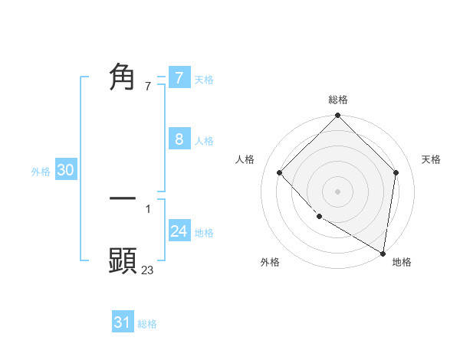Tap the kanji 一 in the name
[123, 198]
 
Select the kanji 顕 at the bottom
[123, 261]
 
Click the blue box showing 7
[179, 77]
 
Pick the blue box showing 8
[179, 139]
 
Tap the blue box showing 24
[179, 231]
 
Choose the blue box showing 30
[65, 171]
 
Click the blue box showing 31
[123, 322]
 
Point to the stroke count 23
[148, 270]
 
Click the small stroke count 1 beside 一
[148, 208]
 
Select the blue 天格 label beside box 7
[204, 79]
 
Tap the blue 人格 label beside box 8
[204, 141]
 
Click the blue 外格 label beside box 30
[41, 172]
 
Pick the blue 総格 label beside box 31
[147, 324]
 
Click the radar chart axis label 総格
[338, 100]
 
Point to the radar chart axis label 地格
[402, 262]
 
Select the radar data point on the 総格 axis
[338, 116]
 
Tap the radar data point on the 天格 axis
[396, 172]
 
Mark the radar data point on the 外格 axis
[319, 217]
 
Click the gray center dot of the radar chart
[338, 191]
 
